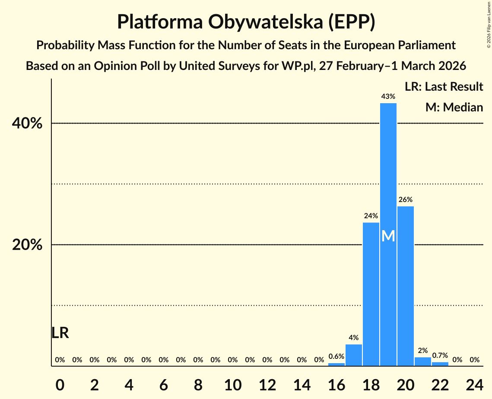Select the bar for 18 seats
371,294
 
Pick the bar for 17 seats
353,355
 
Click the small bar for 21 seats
422,361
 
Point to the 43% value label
388,97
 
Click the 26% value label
405,200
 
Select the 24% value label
371,216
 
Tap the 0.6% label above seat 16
336,357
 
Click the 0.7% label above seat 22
440,356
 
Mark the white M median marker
388,236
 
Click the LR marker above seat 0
60,333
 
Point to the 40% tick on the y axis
27,124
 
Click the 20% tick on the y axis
27,245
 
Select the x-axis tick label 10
232,384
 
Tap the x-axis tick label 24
474,384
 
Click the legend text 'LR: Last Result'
444,87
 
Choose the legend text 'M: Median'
454,108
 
